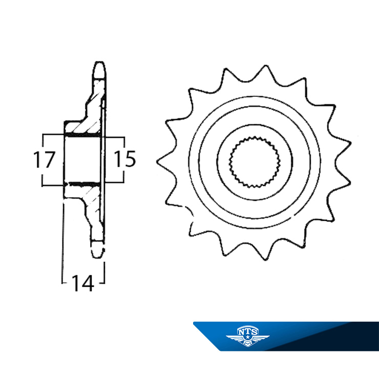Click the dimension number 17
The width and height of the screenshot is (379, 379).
click(44, 159)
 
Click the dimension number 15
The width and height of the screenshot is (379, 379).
click(125, 159)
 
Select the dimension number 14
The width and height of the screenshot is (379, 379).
click(82, 283)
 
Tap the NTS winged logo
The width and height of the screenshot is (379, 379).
click(247, 336)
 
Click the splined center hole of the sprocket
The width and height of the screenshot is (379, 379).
click(255, 162)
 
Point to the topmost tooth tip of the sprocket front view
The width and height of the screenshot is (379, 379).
click(266, 66)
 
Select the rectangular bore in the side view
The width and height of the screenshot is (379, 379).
click(82, 160)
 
